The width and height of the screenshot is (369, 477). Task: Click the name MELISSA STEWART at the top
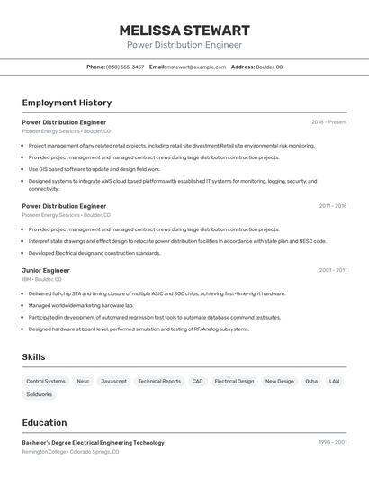point(184,30)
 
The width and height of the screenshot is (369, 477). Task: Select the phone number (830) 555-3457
point(125,67)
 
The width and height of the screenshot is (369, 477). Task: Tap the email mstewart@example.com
point(196,67)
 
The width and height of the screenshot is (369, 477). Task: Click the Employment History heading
point(67,103)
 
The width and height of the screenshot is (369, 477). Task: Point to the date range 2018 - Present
point(328,121)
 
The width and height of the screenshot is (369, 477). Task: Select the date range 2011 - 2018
point(332,205)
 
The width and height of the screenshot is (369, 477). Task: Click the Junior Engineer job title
point(46,270)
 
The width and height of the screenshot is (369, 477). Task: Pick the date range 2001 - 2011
point(332,270)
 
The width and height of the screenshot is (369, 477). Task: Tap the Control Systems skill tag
point(46,381)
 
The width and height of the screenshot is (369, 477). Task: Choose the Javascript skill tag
point(113,381)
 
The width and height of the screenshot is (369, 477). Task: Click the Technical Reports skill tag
point(159,381)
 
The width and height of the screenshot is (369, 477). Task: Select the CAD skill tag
point(197,381)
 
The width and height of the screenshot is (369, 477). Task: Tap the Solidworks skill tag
point(40,394)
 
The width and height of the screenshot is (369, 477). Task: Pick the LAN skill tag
point(334,381)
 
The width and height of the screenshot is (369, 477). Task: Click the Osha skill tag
point(311,381)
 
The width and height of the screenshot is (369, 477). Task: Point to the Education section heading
point(44,422)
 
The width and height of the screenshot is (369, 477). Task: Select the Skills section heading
point(33,357)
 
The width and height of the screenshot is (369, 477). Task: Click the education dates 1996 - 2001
point(332,442)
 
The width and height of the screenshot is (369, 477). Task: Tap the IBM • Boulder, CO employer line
point(41,279)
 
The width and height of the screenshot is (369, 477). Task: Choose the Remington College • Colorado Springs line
point(69,451)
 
